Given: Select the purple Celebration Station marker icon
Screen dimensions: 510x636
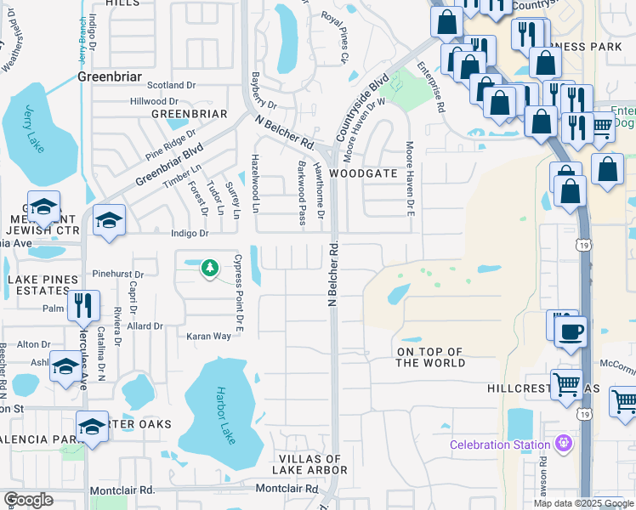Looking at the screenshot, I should point(562,444).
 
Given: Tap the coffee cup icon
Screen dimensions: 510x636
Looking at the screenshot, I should point(570,331).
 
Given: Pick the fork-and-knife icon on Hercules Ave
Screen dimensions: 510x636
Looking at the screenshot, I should point(83,305).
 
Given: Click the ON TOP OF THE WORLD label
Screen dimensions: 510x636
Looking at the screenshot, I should point(430,357).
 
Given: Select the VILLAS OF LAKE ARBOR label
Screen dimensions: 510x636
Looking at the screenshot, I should point(308,464).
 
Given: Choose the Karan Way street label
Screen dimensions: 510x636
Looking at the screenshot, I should point(209,337).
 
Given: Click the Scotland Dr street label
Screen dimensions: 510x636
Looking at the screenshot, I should point(171,85).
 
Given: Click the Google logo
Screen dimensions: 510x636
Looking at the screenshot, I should point(28,500).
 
